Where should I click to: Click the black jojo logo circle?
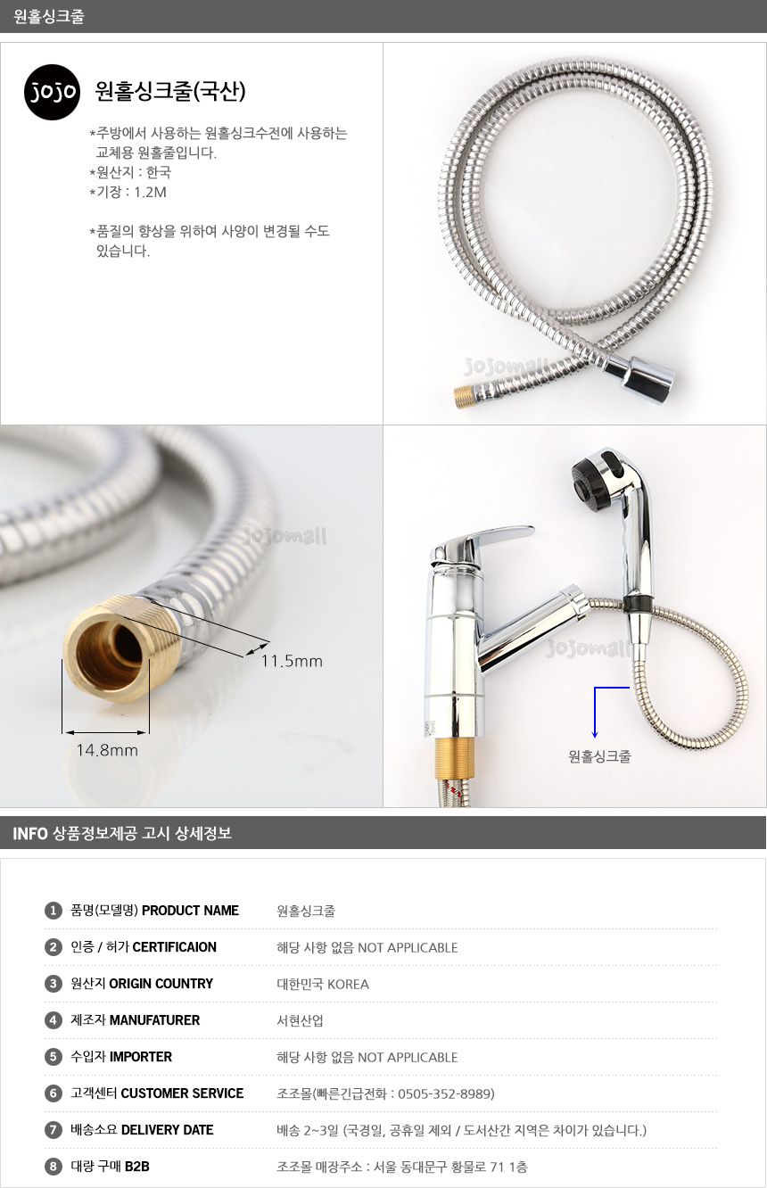[x=52, y=92]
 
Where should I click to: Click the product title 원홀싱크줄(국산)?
[x=170, y=91]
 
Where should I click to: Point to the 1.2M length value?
[x=150, y=193]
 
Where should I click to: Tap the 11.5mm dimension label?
[x=292, y=662]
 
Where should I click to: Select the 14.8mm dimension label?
[x=107, y=750]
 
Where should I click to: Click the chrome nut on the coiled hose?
[x=639, y=375]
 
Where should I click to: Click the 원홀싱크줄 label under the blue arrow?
[x=599, y=756]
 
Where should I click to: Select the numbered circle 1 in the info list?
[x=53, y=912]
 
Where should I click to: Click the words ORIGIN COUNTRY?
[x=161, y=984]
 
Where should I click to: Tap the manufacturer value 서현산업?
[x=300, y=1021]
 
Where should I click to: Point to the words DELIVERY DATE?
[x=167, y=1130]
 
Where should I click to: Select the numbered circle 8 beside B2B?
[x=53, y=1167]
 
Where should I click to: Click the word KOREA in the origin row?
[x=348, y=985]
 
